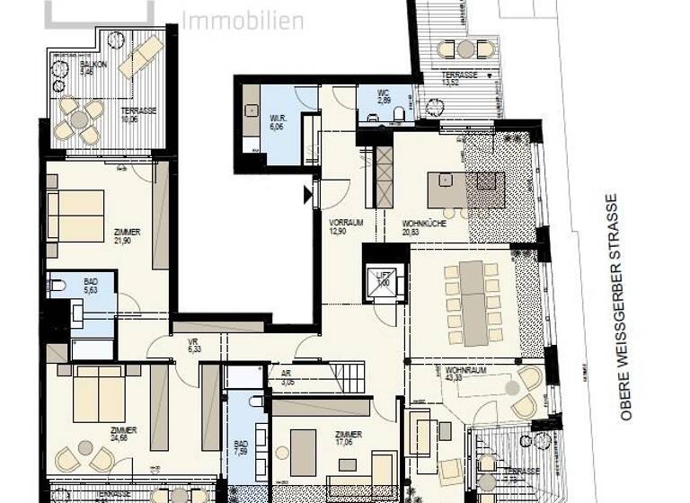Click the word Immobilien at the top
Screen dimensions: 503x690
243,19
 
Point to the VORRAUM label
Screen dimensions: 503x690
344,224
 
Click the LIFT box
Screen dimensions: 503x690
381,278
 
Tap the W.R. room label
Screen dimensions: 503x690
279,121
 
